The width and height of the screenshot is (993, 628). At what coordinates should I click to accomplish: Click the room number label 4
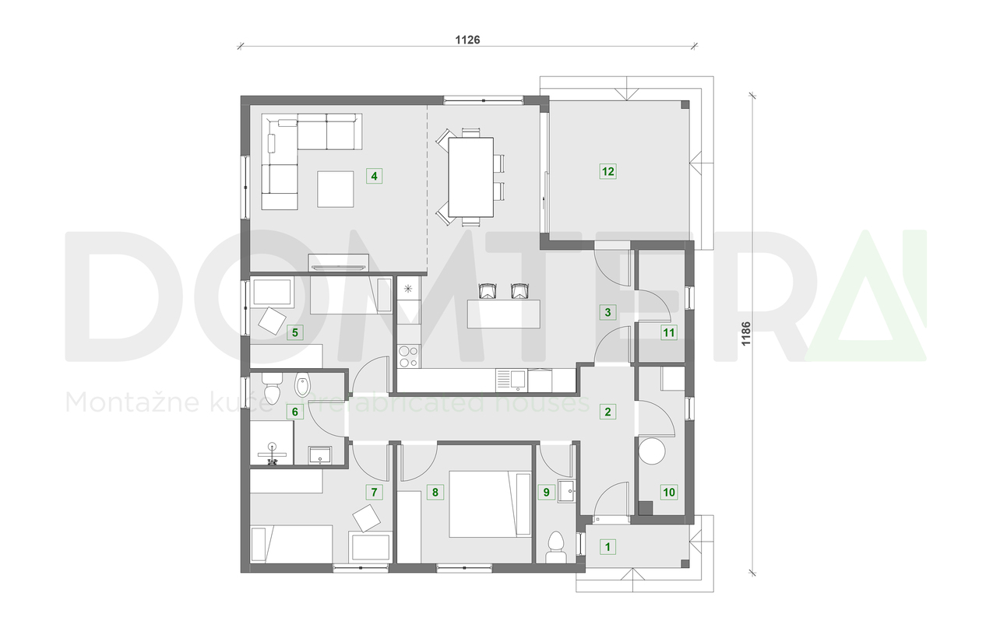(375, 176)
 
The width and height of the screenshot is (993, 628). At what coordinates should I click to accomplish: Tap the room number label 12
(608, 171)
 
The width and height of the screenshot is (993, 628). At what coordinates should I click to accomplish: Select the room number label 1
(608, 547)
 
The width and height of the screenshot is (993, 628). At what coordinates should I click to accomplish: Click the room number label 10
(667, 491)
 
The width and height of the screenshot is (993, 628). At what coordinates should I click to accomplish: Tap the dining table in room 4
(470, 177)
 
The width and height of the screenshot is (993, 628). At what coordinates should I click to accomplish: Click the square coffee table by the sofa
(336, 188)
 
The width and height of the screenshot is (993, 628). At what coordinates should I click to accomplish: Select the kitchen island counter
(504, 314)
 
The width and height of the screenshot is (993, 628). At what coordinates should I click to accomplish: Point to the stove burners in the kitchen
(408, 356)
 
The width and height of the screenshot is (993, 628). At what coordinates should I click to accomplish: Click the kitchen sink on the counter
(517, 379)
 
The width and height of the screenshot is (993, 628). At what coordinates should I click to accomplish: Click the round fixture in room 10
(651, 451)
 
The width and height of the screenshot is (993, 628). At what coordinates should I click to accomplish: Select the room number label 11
(667, 333)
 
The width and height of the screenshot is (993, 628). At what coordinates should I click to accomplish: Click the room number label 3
(608, 313)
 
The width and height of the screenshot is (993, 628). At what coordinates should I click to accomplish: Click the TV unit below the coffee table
(339, 262)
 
